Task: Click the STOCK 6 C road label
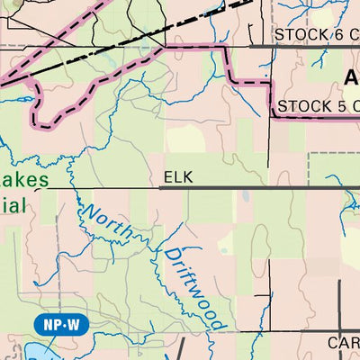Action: click(x=315, y=34)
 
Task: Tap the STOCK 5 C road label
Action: click(x=318, y=107)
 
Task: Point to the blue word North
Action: click(x=107, y=221)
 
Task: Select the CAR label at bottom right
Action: click(x=343, y=343)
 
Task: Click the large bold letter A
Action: click(x=351, y=78)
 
